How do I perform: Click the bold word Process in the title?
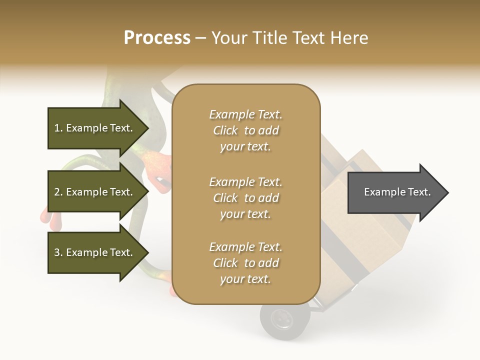click(x=157, y=38)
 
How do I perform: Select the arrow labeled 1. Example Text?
click(x=95, y=128)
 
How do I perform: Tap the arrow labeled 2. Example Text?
click(x=95, y=192)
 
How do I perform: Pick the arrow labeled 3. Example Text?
click(x=95, y=252)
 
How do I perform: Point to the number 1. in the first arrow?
click(x=58, y=128)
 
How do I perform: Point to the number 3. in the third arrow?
click(x=58, y=252)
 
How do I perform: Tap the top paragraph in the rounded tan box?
click(x=245, y=130)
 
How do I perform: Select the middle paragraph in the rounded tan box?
click(x=245, y=198)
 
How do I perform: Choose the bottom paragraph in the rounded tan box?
click(x=245, y=263)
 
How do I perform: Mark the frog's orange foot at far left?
click(x=44, y=215)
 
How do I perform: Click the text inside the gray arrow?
click(x=397, y=192)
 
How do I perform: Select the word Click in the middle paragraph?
click(x=225, y=198)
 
